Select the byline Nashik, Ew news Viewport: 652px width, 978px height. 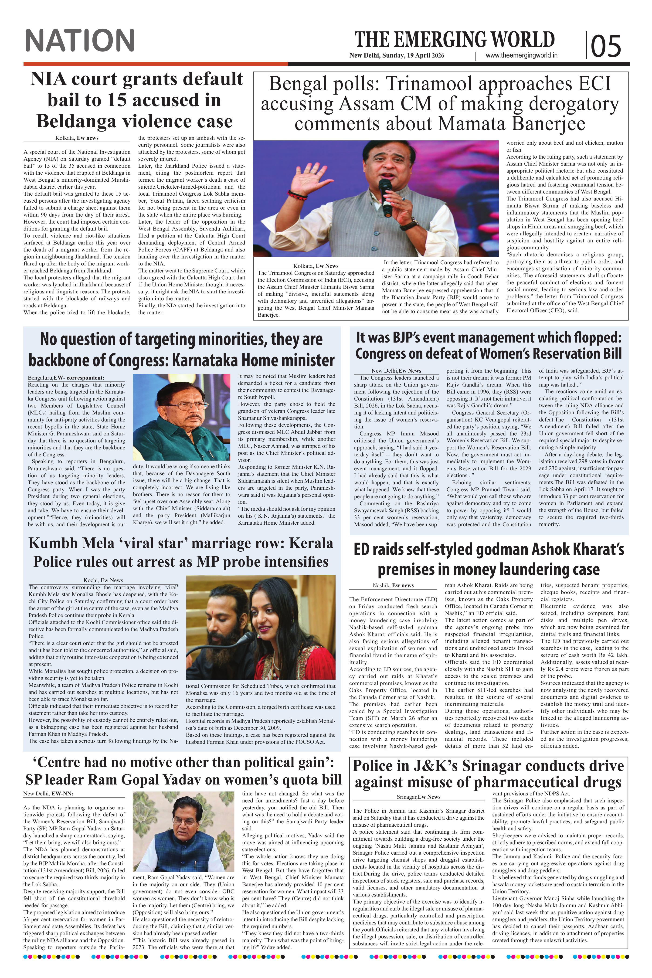pos(393,585)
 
